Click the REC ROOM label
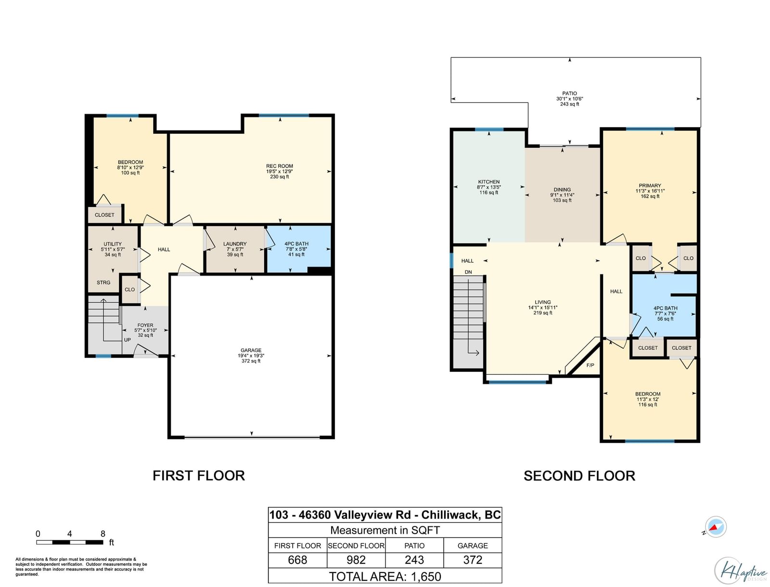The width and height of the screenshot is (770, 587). pyautogui.click(x=279, y=166)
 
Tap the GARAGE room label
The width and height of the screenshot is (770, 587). pyautogui.click(x=251, y=350)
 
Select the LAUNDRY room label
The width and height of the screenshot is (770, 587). pyautogui.click(x=235, y=244)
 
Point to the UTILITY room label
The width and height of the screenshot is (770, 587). pyautogui.click(x=113, y=244)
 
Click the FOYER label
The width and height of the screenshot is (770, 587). pyautogui.click(x=145, y=325)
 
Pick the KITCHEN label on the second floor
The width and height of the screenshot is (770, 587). pyautogui.click(x=488, y=182)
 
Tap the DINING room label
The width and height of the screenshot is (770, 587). pyautogui.click(x=562, y=190)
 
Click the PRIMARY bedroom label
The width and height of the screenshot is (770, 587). pyautogui.click(x=650, y=186)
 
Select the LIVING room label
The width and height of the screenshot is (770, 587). pyautogui.click(x=543, y=302)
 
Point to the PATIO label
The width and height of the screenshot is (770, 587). pyautogui.click(x=569, y=94)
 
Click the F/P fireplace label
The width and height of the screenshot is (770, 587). pyautogui.click(x=590, y=365)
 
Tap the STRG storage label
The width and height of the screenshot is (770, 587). pyautogui.click(x=103, y=282)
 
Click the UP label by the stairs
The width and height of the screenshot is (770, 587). pyautogui.click(x=128, y=340)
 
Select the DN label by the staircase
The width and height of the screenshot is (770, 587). pyautogui.click(x=468, y=272)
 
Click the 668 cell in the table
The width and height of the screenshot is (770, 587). pyautogui.click(x=297, y=560)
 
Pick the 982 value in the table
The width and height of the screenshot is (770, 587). pyautogui.click(x=356, y=560)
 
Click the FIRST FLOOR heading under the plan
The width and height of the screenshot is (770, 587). pyautogui.click(x=199, y=476)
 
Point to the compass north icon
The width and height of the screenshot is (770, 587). pyautogui.click(x=715, y=527)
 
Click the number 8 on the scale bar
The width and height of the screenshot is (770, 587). pyautogui.click(x=103, y=534)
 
